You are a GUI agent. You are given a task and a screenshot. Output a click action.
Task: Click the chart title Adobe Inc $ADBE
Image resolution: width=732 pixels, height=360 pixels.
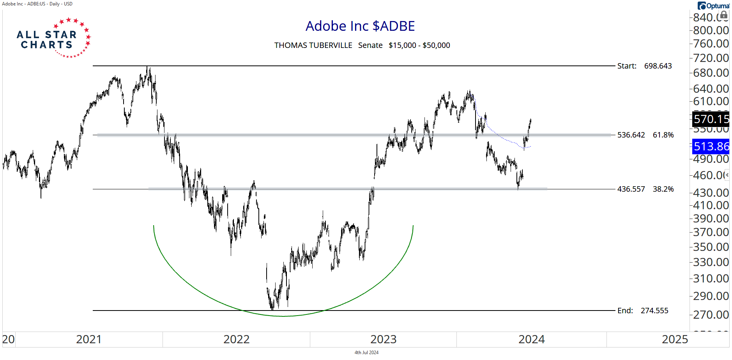click(x=360, y=26)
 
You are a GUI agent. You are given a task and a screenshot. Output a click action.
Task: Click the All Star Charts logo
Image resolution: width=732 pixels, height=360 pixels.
click(x=53, y=38)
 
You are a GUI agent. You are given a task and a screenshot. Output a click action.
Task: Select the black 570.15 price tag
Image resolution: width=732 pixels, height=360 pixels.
click(x=711, y=119)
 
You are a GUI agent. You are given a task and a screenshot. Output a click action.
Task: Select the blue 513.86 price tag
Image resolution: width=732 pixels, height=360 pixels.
click(x=711, y=146)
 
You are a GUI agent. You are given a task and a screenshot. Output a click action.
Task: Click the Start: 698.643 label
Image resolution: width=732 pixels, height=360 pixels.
click(x=644, y=66)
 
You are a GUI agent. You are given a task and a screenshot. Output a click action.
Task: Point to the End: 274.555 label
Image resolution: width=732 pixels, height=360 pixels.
click(x=642, y=311)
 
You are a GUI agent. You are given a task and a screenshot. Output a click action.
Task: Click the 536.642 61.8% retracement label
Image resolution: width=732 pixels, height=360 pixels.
click(x=645, y=135)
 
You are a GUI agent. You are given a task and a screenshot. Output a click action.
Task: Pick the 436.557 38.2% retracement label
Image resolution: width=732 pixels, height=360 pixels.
click(x=645, y=189)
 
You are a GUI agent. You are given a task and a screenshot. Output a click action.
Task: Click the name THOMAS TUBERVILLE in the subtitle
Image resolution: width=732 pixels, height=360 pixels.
click(x=313, y=45)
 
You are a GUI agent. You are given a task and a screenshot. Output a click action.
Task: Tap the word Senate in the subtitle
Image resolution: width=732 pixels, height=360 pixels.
click(x=370, y=45)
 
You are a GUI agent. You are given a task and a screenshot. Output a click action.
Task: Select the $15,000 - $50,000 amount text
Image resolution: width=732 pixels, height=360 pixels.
click(x=419, y=45)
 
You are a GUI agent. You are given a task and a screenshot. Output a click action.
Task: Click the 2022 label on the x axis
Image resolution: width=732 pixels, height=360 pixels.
click(x=236, y=339)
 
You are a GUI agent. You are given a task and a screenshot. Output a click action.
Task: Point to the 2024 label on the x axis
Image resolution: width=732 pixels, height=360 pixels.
click(x=531, y=339)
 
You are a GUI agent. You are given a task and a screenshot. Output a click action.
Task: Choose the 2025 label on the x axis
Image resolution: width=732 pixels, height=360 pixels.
click(x=675, y=339)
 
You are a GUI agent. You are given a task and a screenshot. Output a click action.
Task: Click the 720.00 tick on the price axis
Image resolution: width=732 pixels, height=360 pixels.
click(x=711, y=58)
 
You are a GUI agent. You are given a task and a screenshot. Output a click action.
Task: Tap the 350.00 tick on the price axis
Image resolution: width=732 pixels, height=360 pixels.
click(x=711, y=247)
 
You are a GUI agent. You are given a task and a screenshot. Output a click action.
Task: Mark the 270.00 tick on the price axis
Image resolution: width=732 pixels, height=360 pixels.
click(x=711, y=314)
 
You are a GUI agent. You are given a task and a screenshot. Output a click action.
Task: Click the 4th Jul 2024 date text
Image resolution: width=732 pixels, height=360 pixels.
click(x=366, y=353)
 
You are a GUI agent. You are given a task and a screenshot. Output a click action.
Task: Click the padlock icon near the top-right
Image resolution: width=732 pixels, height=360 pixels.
click(x=723, y=15)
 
